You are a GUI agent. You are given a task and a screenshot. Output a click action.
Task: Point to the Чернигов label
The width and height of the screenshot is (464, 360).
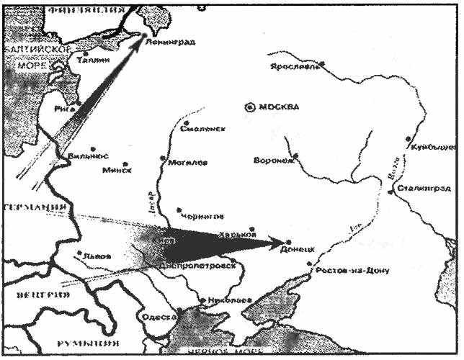(205, 215)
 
